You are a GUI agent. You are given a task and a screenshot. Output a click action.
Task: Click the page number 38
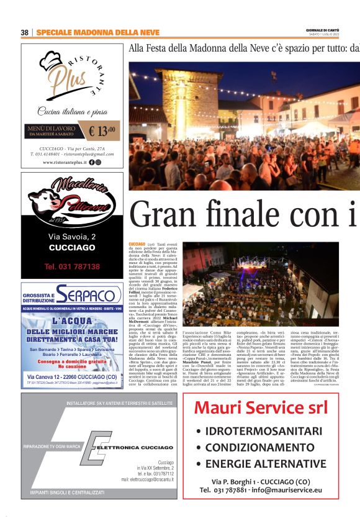pos(25,32)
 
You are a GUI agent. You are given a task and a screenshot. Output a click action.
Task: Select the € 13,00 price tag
pos(102,131)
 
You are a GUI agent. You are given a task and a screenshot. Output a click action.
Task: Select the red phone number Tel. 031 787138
pos(72,266)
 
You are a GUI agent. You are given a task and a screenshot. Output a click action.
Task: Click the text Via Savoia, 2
pos(72,237)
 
